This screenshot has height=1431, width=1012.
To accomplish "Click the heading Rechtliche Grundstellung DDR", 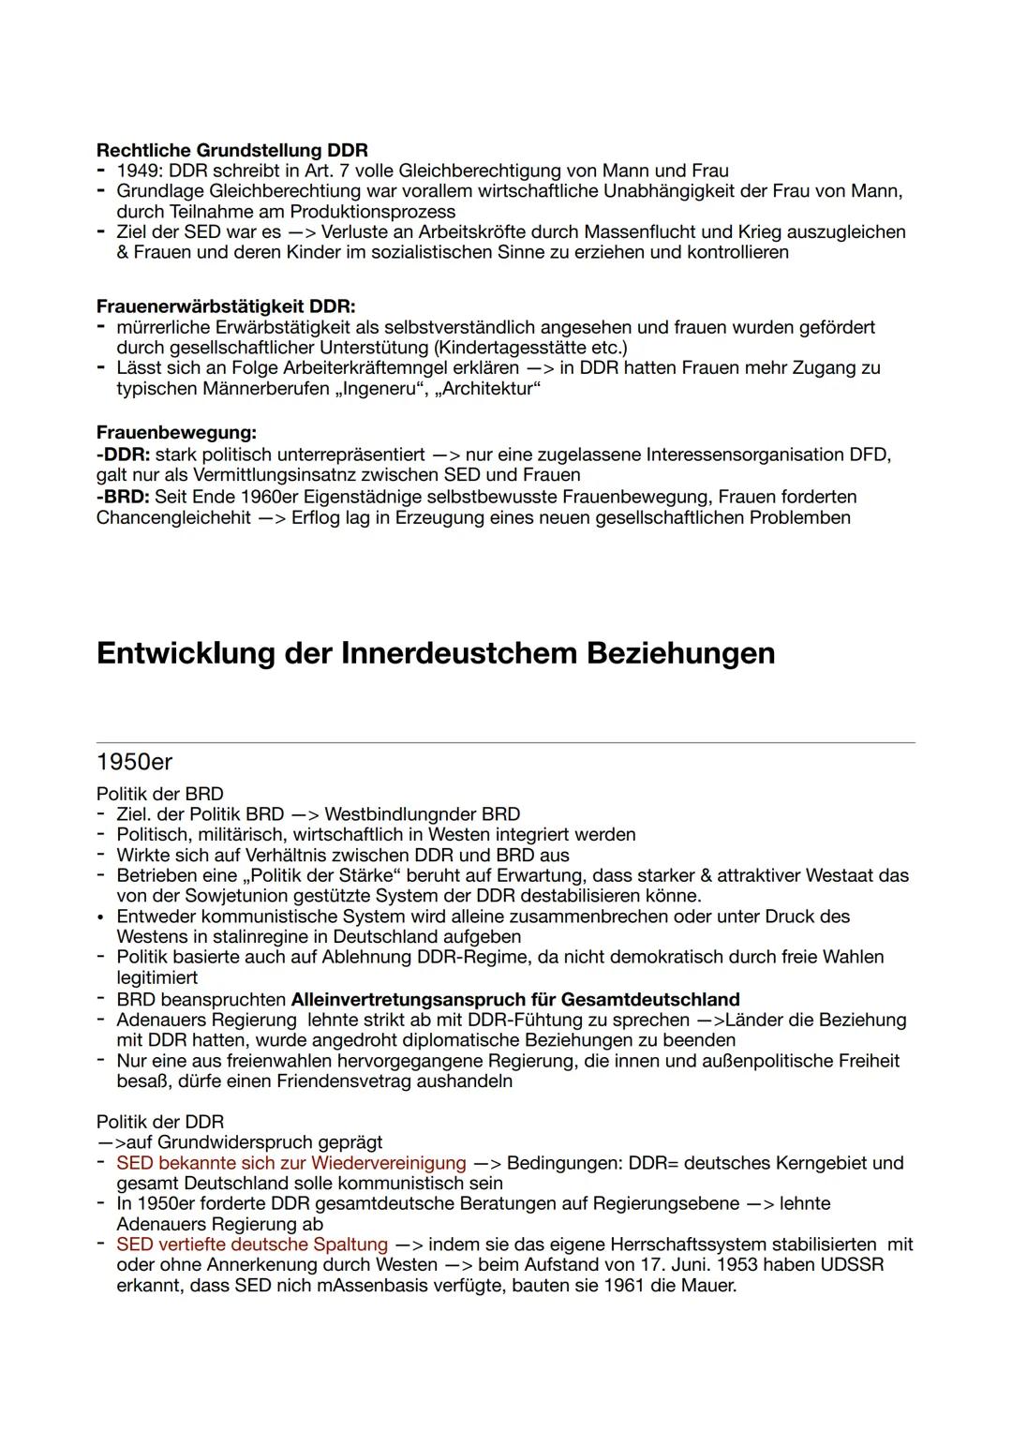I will pyautogui.click(x=231, y=150).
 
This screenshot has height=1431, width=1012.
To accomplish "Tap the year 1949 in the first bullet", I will pyautogui.click(x=138, y=171).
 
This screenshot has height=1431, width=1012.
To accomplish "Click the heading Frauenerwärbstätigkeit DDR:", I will pyautogui.click(x=226, y=306).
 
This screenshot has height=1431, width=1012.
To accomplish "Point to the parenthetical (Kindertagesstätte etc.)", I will pyautogui.click(x=531, y=348).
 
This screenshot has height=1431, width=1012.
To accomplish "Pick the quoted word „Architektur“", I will pyautogui.click(x=488, y=388).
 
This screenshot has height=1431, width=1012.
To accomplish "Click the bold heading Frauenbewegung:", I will pyautogui.click(x=176, y=433).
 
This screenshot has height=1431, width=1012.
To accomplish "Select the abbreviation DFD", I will pyautogui.click(x=868, y=455).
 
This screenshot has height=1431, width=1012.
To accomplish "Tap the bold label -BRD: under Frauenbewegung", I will pyautogui.click(x=123, y=497).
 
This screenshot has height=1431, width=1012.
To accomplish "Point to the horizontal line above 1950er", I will pyautogui.click(x=505, y=743).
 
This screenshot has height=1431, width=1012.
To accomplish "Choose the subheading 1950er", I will pyautogui.click(x=134, y=762).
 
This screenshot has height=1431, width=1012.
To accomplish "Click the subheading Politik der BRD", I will pyautogui.click(x=159, y=794).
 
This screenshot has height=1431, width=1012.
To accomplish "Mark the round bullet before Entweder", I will pyautogui.click(x=100, y=917).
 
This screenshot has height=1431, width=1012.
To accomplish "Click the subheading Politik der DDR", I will pyautogui.click(x=160, y=1122).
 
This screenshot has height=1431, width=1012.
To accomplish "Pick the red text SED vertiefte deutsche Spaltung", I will pyautogui.click(x=251, y=1245).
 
